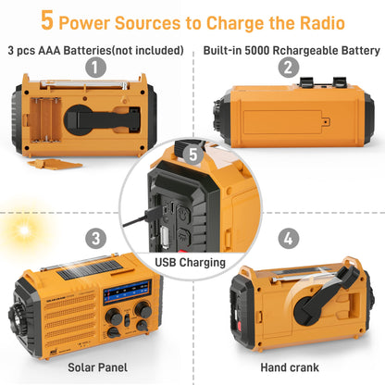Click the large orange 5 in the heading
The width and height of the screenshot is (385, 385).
[46, 21]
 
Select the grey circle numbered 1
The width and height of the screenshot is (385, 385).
[94, 67]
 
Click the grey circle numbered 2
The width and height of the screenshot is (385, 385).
[289, 67]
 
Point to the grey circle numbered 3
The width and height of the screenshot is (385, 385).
[94, 239]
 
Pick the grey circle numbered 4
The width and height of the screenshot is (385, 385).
[289, 239]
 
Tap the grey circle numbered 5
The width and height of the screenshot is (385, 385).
[192, 155]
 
